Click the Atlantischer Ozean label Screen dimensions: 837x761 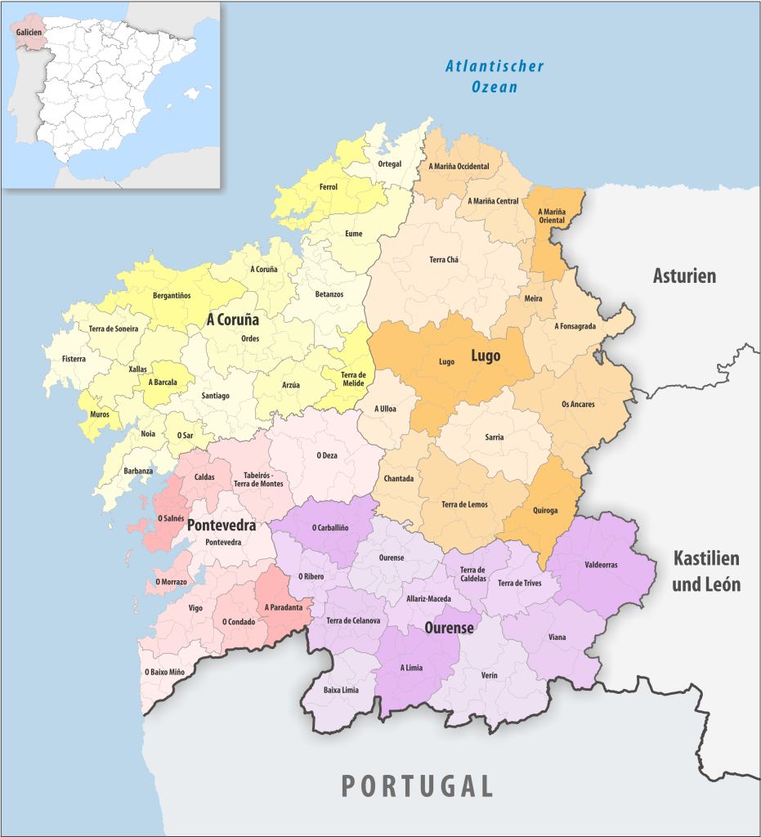pyautogui.click(x=495, y=76)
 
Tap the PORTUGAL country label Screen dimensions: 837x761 pyautogui.click(x=417, y=786)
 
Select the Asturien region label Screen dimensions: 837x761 pyautogui.click(x=684, y=275)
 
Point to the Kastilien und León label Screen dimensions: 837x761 pyautogui.click(x=706, y=571)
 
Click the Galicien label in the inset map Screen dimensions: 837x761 pyautogui.click(x=29, y=31)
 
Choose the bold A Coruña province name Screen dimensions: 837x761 pyautogui.click(x=232, y=320)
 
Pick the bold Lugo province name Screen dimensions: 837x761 pyautogui.click(x=486, y=356)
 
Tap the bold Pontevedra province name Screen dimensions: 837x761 pyautogui.click(x=222, y=525)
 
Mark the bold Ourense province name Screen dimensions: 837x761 pyautogui.click(x=449, y=628)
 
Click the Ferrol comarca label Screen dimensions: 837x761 pyautogui.click(x=329, y=187)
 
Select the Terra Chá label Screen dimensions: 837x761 pyautogui.click(x=444, y=260)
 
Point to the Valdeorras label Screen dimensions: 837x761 pyautogui.click(x=601, y=565)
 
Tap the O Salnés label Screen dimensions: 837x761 pyautogui.click(x=170, y=518)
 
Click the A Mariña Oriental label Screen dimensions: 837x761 pyautogui.click(x=552, y=216)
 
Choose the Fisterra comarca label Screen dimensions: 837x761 pyautogui.click(x=74, y=359)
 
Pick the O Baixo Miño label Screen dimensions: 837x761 pyautogui.click(x=164, y=672)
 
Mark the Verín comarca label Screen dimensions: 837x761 pyautogui.click(x=489, y=675)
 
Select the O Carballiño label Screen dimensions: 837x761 pyautogui.click(x=330, y=528)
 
